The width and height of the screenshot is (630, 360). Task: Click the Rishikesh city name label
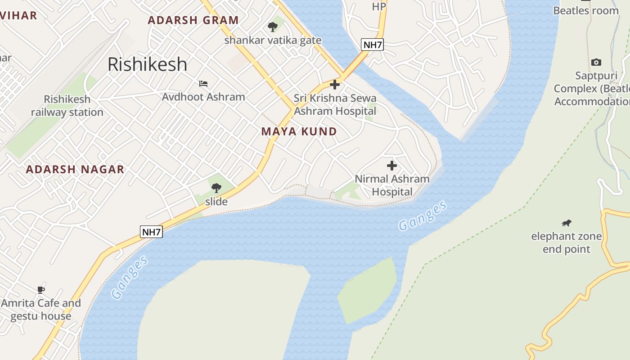(x=147, y=64)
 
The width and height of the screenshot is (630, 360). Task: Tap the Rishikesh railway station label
(x=67, y=106)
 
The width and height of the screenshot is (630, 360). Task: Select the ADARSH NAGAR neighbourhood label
(x=75, y=170)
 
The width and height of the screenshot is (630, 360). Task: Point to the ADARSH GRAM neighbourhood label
(x=193, y=20)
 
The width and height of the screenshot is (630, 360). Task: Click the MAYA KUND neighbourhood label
(x=299, y=131)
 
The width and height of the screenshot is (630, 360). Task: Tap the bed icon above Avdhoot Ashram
(x=203, y=84)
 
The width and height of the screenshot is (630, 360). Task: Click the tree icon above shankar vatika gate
(x=273, y=27)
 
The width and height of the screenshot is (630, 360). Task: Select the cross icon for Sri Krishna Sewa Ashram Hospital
(x=335, y=85)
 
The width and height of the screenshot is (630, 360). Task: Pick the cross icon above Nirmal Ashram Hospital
(x=392, y=166)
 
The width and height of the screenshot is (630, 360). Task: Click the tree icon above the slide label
(x=216, y=188)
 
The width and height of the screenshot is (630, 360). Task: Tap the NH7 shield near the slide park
(x=151, y=232)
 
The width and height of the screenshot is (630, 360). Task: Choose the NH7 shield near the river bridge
(x=372, y=45)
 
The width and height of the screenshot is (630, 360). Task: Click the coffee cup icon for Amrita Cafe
(x=41, y=290)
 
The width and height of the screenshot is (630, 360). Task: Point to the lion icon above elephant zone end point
(x=567, y=223)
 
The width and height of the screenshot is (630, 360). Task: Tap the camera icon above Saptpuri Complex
(x=596, y=62)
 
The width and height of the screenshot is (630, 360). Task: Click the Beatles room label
(x=586, y=10)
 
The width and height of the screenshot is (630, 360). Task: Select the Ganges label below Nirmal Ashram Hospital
(x=423, y=216)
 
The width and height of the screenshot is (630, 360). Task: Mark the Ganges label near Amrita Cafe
(x=130, y=277)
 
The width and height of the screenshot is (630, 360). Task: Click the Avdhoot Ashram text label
(x=203, y=97)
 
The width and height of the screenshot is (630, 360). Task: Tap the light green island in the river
(x=367, y=290)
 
